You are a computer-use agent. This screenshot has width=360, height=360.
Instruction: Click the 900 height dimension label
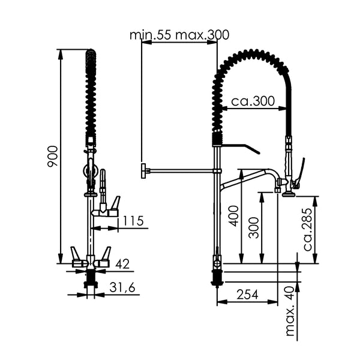tap(52, 156)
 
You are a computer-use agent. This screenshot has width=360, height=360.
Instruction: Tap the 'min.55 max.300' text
tap(179, 35)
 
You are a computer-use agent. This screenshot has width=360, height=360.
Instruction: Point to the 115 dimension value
tap(133, 221)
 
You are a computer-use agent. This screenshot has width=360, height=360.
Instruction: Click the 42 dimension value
tap(123, 263)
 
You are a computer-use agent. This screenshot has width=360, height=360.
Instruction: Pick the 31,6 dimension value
tap(123, 288)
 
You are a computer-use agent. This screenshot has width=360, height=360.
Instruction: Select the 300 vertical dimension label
tap(255, 227)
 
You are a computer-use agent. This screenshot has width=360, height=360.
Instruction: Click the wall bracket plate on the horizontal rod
tap(143, 170)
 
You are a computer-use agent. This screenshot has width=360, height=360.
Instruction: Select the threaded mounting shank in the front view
tap(91, 278)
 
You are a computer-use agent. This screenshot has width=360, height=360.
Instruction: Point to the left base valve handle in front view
tap(77, 257)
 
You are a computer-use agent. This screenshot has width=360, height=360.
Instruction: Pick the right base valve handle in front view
tap(105, 257)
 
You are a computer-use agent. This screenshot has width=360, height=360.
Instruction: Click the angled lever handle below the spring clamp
tap(243, 148)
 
